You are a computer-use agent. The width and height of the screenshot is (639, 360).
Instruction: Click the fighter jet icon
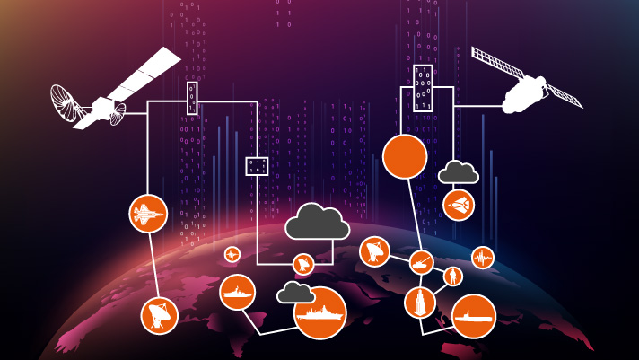pos(149,214)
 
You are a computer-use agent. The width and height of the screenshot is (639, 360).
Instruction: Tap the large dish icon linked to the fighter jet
pos(160,315)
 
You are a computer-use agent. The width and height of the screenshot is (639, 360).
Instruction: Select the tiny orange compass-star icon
pos(232,255)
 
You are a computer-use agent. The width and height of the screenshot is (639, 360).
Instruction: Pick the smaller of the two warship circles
pos(238,293)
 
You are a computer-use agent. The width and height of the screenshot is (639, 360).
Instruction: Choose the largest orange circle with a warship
pos(320,313)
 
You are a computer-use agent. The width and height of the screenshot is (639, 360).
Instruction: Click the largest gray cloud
pos(317,222)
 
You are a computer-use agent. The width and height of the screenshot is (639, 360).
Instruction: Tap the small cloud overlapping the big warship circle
pos(295,293)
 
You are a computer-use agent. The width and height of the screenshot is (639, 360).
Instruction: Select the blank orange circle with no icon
pos(405,156)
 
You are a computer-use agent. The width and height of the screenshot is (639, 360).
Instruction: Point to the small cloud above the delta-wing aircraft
pos(458,171)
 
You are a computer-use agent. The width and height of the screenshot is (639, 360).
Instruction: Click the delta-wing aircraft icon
pos(459,205)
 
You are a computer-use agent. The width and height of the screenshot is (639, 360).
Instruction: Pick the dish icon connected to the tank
pos(374,251)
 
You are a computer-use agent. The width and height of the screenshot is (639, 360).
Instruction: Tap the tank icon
pos(422,263)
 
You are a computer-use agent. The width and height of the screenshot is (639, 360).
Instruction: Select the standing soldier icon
pos(453,276)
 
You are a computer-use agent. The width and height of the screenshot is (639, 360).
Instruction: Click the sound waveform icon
pos(483,258)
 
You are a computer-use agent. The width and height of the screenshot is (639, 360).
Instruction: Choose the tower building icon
pos(419,303)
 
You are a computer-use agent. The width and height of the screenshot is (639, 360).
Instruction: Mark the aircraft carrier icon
pos(473,316)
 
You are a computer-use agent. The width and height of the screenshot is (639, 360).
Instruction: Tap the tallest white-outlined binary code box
pos(424,88)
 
